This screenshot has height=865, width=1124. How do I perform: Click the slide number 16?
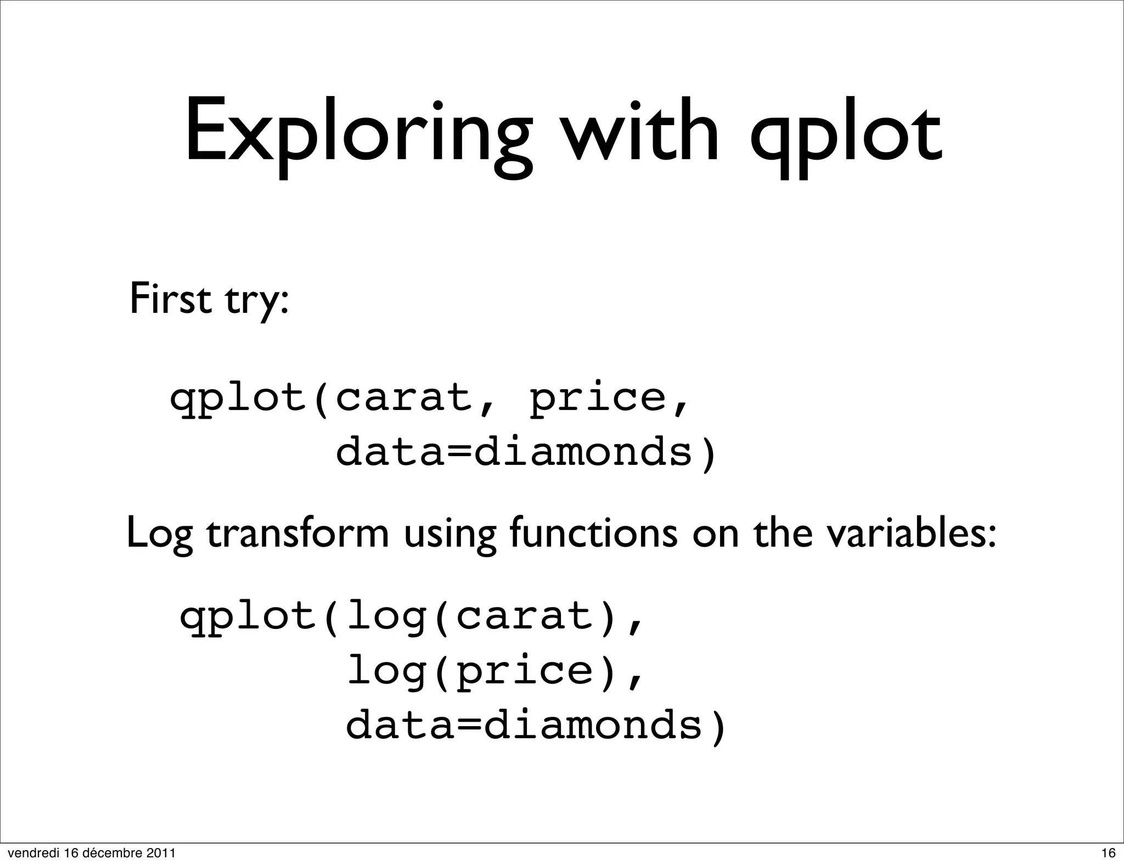click(x=1108, y=853)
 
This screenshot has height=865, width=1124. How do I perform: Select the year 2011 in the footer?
click(x=163, y=853)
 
